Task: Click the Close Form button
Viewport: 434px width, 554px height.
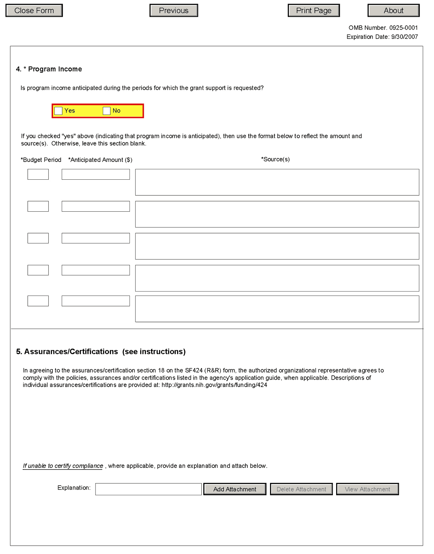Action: [34, 11]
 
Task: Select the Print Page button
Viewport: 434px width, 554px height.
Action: [313, 11]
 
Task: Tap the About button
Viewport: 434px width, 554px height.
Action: [393, 11]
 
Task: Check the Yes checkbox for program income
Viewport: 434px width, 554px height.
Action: [58, 111]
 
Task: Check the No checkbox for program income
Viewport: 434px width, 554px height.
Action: [106, 111]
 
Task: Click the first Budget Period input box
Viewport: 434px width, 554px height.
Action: [38, 174]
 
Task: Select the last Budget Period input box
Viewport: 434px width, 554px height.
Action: [38, 301]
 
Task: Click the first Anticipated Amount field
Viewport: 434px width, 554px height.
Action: [95, 174]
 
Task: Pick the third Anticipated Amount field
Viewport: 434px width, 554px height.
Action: [95, 238]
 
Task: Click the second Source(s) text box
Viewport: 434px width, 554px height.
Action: [277, 214]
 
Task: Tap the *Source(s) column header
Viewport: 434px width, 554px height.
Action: [275, 159]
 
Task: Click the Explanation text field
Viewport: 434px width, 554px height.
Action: [148, 489]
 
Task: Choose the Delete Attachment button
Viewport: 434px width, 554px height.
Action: [301, 489]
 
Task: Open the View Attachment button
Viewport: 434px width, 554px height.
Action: [367, 489]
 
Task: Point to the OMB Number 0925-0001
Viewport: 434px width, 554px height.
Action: [383, 28]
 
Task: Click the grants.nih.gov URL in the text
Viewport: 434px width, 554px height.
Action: [214, 385]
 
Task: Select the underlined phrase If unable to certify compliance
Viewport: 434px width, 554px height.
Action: [63, 466]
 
